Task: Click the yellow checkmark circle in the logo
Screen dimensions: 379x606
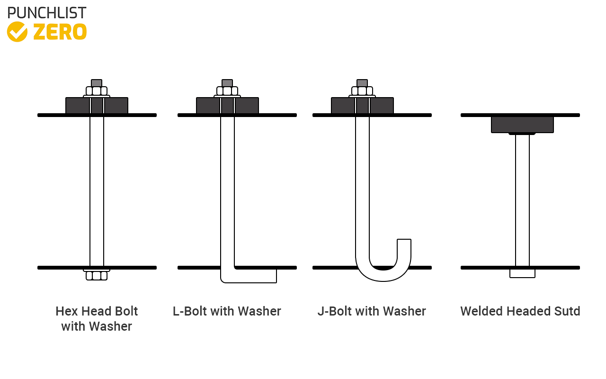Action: pos(18,32)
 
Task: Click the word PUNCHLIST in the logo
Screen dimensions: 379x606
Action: pos(47,13)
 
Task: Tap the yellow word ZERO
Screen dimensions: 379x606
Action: pos(60,32)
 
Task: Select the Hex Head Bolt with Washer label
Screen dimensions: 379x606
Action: pos(97,318)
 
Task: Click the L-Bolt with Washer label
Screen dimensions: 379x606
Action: pos(227,311)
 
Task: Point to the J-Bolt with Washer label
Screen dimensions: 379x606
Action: pos(372,311)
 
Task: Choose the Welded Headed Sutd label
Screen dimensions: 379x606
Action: pos(520,311)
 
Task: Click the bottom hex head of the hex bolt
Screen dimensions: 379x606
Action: pos(97,276)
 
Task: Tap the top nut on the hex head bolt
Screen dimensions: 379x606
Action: pos(97,91)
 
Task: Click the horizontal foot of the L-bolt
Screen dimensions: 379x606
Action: pos(251,276)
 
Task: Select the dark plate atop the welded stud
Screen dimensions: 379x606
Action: pos(522,125)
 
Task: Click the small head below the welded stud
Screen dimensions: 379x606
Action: pos(522,273)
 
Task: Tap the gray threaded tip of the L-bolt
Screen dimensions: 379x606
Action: pos(227,83)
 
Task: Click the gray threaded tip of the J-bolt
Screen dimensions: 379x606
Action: pos(362,83)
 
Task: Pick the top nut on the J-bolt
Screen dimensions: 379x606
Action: pos(362,91)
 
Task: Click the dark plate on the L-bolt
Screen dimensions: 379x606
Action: pos(208,106)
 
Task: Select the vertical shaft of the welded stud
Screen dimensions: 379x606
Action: pos(522,199)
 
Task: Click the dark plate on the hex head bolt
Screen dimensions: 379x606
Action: pos(77,106)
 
